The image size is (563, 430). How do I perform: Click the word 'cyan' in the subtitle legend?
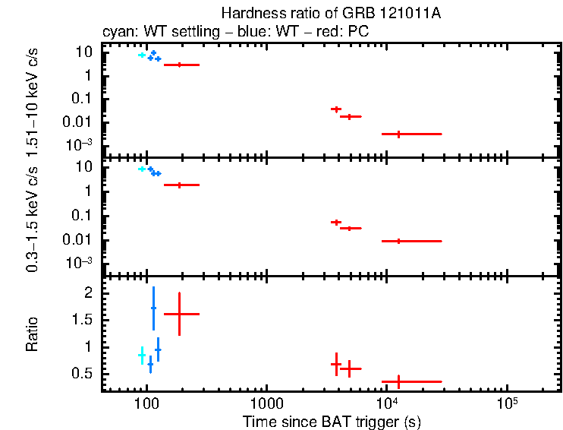click(x=116, y=32)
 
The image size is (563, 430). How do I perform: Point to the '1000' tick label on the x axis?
click(x=266, y=403)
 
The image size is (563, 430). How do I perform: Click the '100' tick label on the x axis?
click(x=146, y=403)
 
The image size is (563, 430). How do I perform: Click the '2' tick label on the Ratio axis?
click(x=88, y=292)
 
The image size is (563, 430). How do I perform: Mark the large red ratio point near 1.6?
click(x=179, y=314)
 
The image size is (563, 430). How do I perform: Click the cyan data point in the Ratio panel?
click(x=141, y=356)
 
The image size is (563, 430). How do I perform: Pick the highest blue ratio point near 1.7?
click(x=153, y=308)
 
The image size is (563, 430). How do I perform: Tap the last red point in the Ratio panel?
click(x=398, y=381)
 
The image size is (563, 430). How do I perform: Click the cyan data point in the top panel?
click(x=141, y=55)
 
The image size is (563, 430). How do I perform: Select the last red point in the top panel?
click(x=398, y=134)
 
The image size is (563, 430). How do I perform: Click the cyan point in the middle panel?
click(x=141, y=169)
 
